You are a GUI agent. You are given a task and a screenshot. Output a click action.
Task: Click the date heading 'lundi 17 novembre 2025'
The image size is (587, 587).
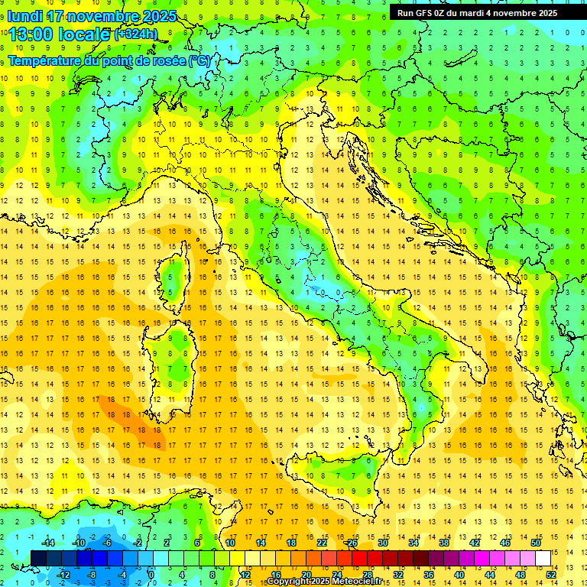pyautogui.click(x=92, y=16)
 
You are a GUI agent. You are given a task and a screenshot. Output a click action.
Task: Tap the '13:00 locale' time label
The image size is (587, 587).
pyautogui.click(x=57, y=34)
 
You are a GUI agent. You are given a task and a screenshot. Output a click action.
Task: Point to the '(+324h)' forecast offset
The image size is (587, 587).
pyautogui.click(x=136, y=34)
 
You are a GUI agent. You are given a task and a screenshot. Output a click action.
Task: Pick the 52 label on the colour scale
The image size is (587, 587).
pyautogui.click(x=551, y=574)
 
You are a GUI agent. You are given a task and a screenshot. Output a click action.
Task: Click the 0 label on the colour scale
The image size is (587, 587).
pyautogui.click(x=151, y=574)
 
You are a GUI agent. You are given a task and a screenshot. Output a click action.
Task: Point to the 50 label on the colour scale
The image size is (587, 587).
pyautogui.click(x=536, y=543)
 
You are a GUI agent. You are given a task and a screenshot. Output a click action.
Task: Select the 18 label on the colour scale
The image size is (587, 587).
pyautogui.click(x=291, y=543)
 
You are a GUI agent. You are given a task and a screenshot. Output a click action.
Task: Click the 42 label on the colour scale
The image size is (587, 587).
pyautogui.click(x=475, y=543)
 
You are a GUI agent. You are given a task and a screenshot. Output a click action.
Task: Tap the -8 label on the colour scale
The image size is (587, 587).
pyautogui.click(x=92, y=574)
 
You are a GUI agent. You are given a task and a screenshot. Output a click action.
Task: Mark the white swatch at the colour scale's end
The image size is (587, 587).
pyautogui.click(x=543, y=558)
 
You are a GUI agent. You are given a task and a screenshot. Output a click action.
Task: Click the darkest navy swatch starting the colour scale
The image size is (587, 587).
pyautogui.click(x=39, y=558)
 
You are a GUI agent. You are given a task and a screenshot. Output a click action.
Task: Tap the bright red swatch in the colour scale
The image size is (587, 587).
pyautogui.click(x=360, y=558)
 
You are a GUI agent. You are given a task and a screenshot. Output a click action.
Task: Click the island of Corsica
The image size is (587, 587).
pyautogui.click(x=181, y=271)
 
